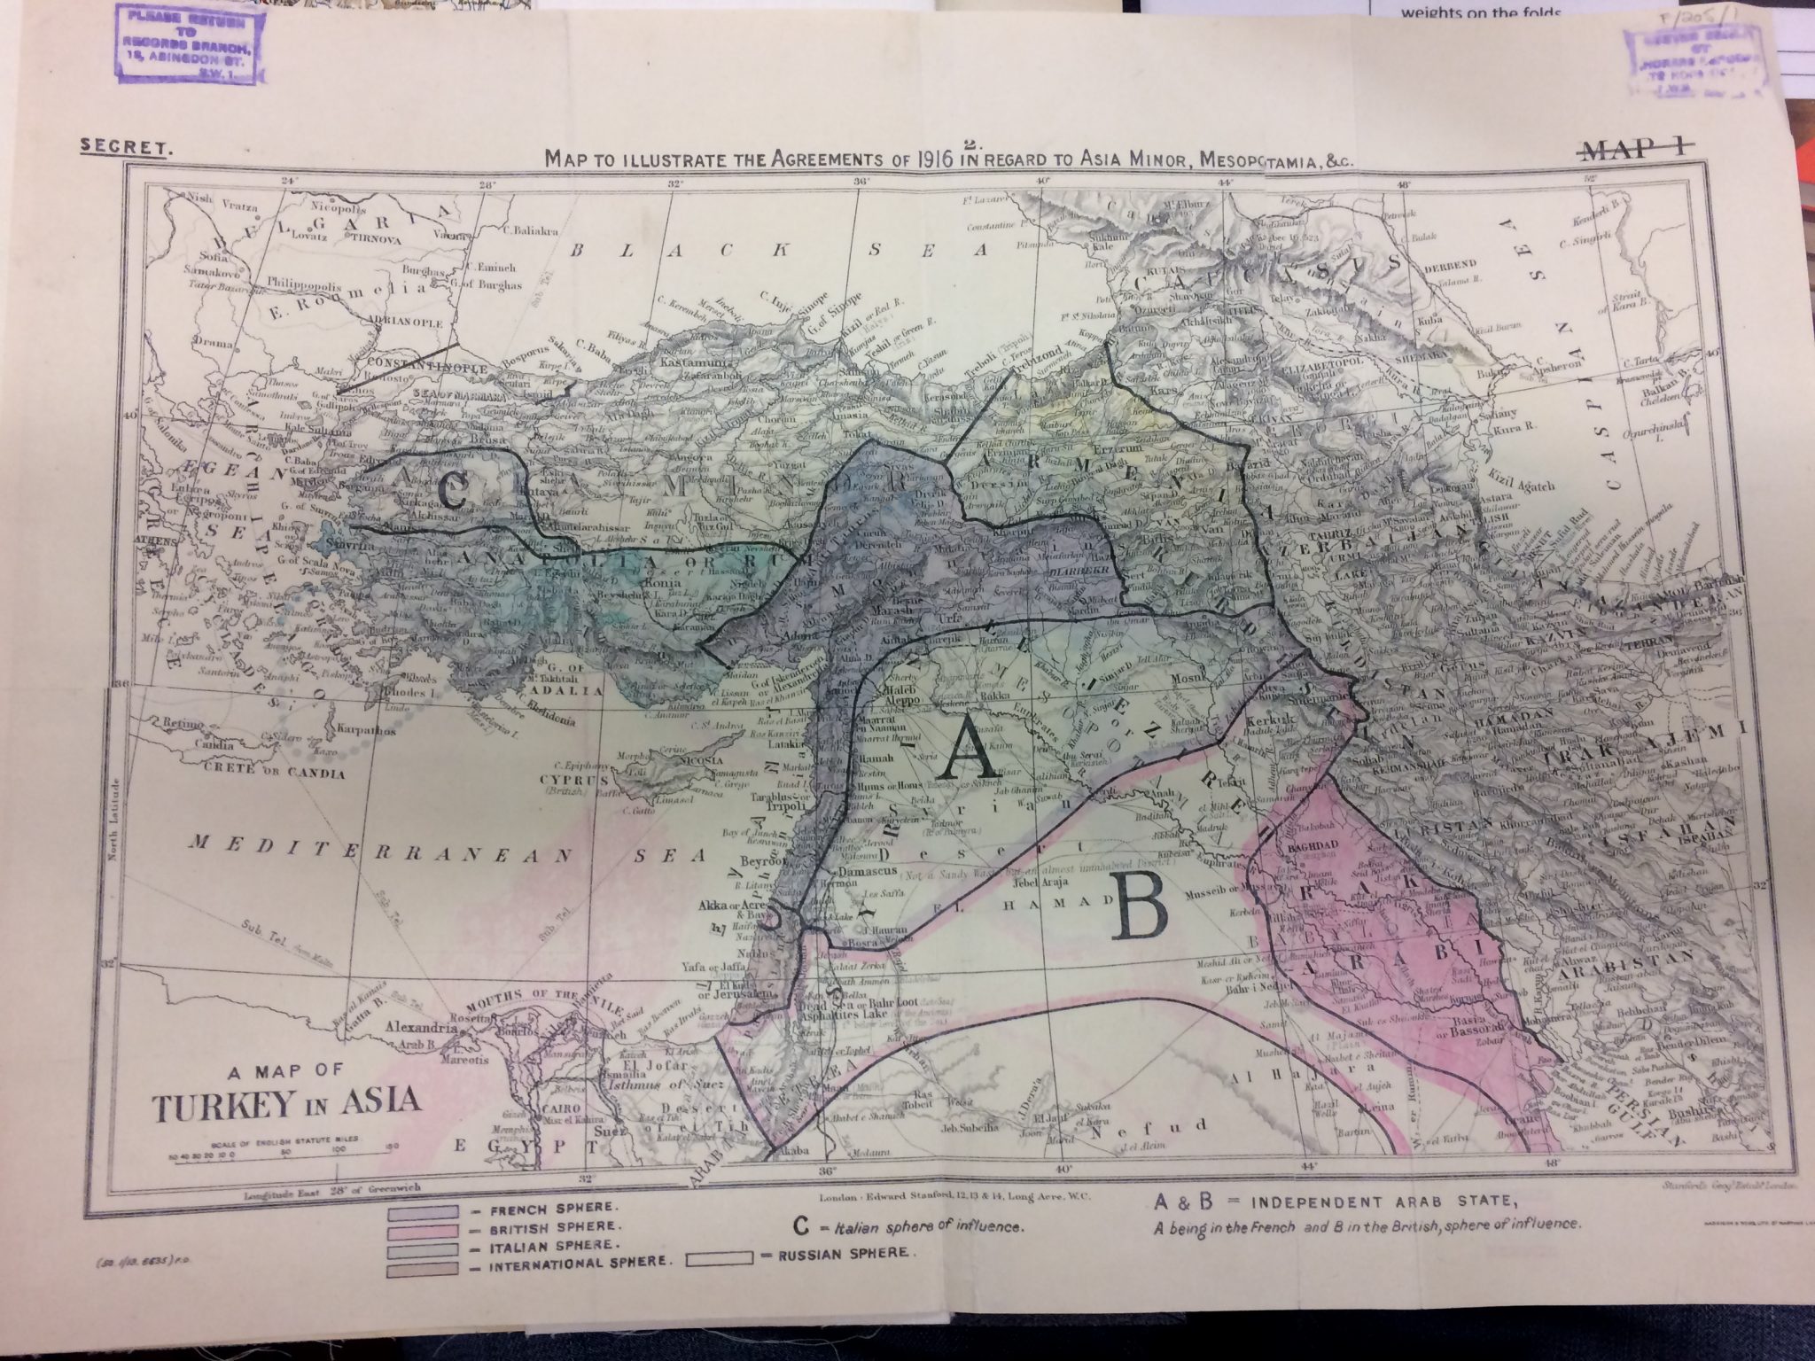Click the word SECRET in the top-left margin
(125, 148)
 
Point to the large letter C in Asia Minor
(451, 494)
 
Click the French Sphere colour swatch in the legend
(420, 1210)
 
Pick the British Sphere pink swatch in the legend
(420, 1230)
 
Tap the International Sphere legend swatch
(420, 1269)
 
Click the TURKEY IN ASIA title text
(285, 1103)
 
